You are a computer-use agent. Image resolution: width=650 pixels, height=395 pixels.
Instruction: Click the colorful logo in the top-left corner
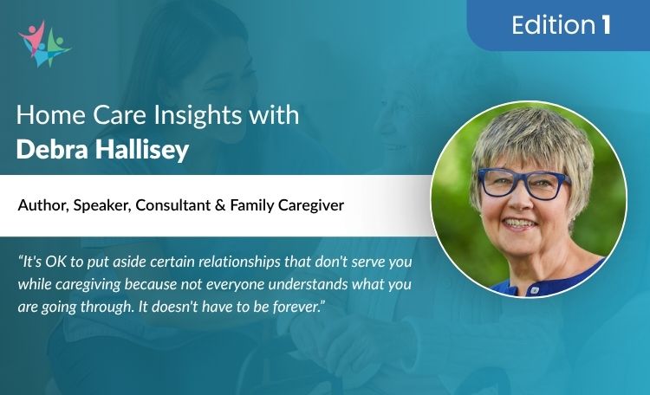[42, 43]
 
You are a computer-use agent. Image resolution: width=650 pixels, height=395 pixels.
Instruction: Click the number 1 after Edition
[604, 25]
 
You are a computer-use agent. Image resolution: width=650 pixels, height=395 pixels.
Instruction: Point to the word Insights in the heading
[166, 118]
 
